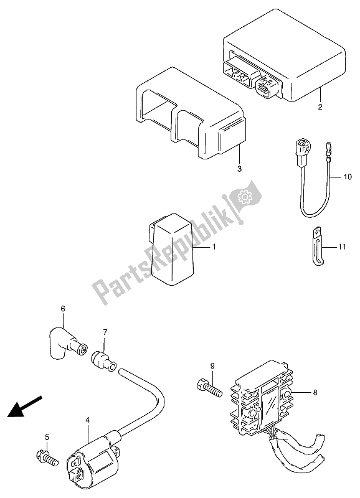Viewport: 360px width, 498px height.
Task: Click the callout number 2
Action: pos(320,106)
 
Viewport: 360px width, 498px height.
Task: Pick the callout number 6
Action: pos(62,308)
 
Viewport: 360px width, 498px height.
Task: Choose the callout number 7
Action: pos(105,333)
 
